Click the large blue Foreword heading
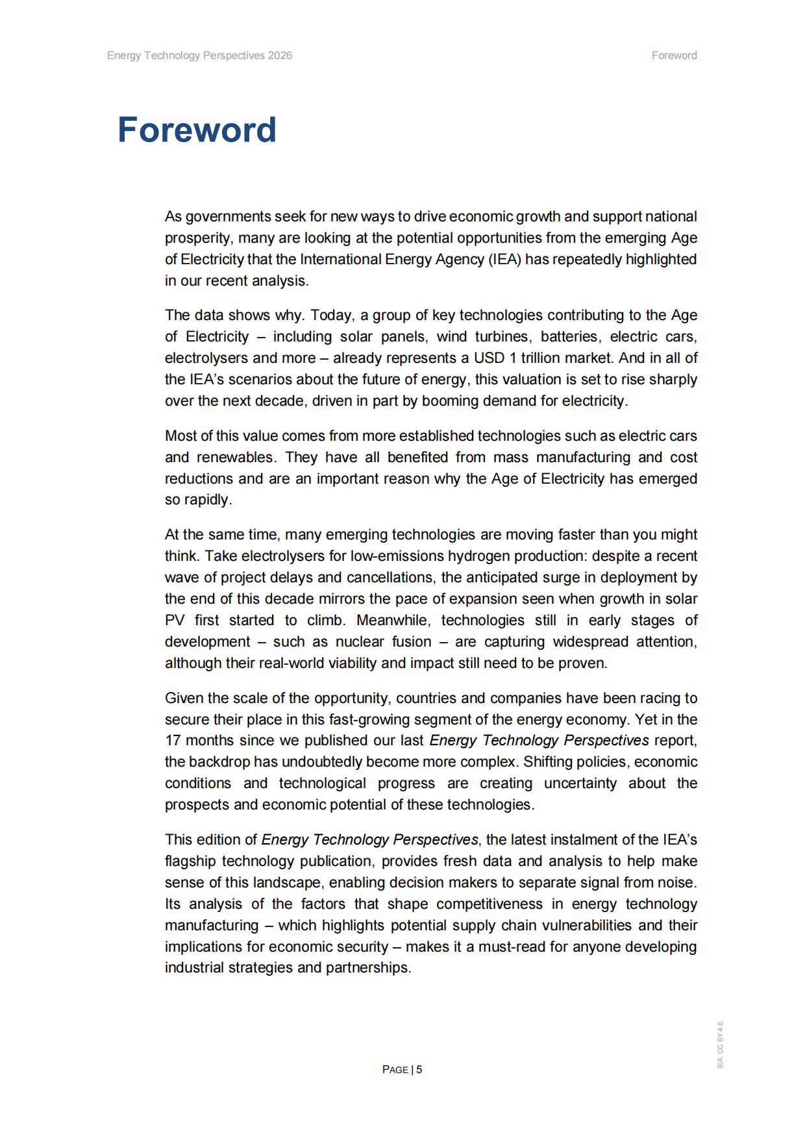pos(197,130)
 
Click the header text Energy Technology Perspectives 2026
pos(199,56)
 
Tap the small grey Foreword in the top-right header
pos(674,56)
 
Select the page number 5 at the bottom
pos(419,1069)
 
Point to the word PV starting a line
pos(174,621)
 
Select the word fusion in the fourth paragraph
pos(411,642)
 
